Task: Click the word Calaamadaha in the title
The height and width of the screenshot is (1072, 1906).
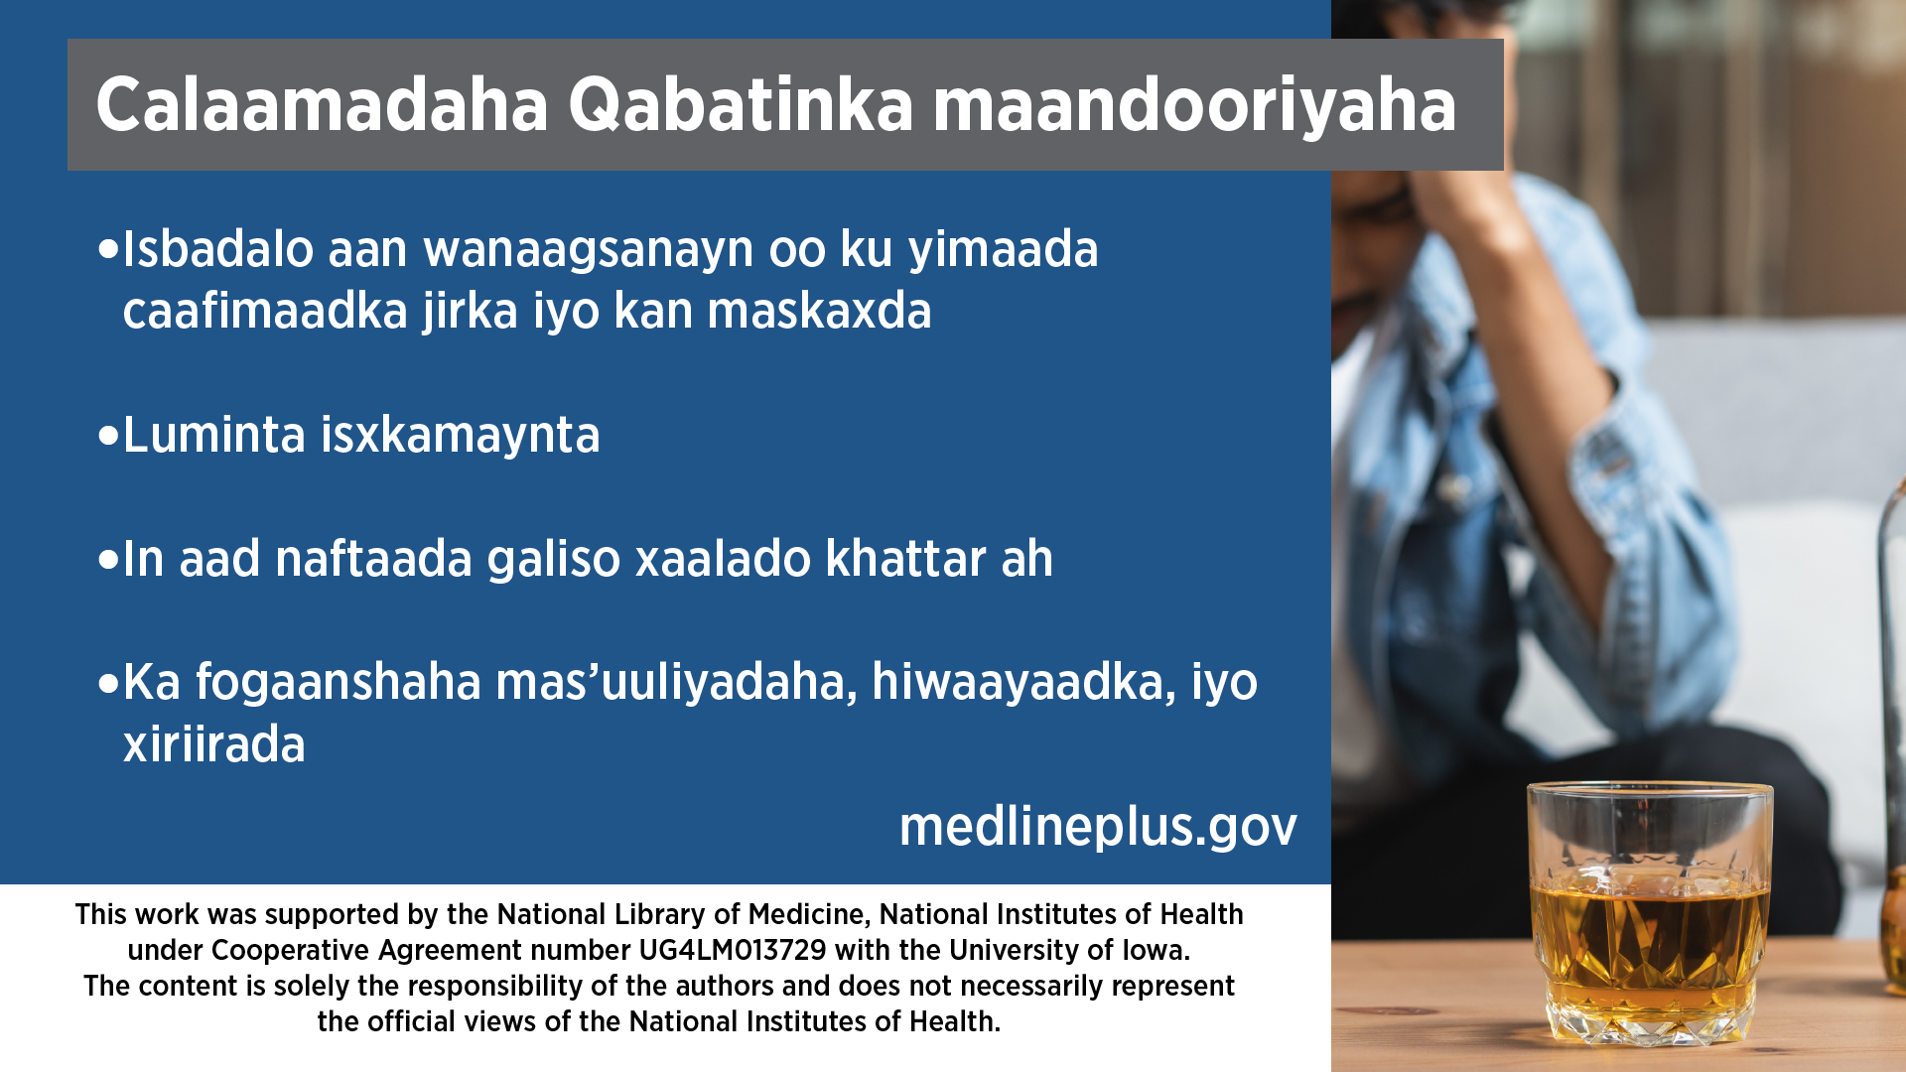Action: point(322,104)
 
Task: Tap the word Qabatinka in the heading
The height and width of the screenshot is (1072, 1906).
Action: point(741,106)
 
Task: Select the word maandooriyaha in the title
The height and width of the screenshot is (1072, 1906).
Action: point(1194,106)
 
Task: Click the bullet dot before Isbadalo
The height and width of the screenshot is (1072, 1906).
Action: point(109,250)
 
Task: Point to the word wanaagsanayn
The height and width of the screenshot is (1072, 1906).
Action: point(589,249)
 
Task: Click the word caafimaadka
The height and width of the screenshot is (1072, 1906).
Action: point(265,311)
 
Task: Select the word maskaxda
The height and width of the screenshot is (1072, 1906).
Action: point(819,311)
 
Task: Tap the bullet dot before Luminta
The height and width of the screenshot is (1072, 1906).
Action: point(109,436)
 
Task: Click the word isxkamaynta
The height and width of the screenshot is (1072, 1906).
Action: point(460,436)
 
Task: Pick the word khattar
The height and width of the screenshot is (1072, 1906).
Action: point(905,558)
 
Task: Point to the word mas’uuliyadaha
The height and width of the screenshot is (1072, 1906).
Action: point(676,683)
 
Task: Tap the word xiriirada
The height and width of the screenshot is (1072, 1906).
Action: point(213,744)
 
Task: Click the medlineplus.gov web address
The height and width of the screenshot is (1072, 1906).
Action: point(1098,827)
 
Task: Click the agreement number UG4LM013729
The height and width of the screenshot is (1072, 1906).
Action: point(733,950)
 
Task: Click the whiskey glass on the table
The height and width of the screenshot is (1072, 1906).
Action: point(1649,913)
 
